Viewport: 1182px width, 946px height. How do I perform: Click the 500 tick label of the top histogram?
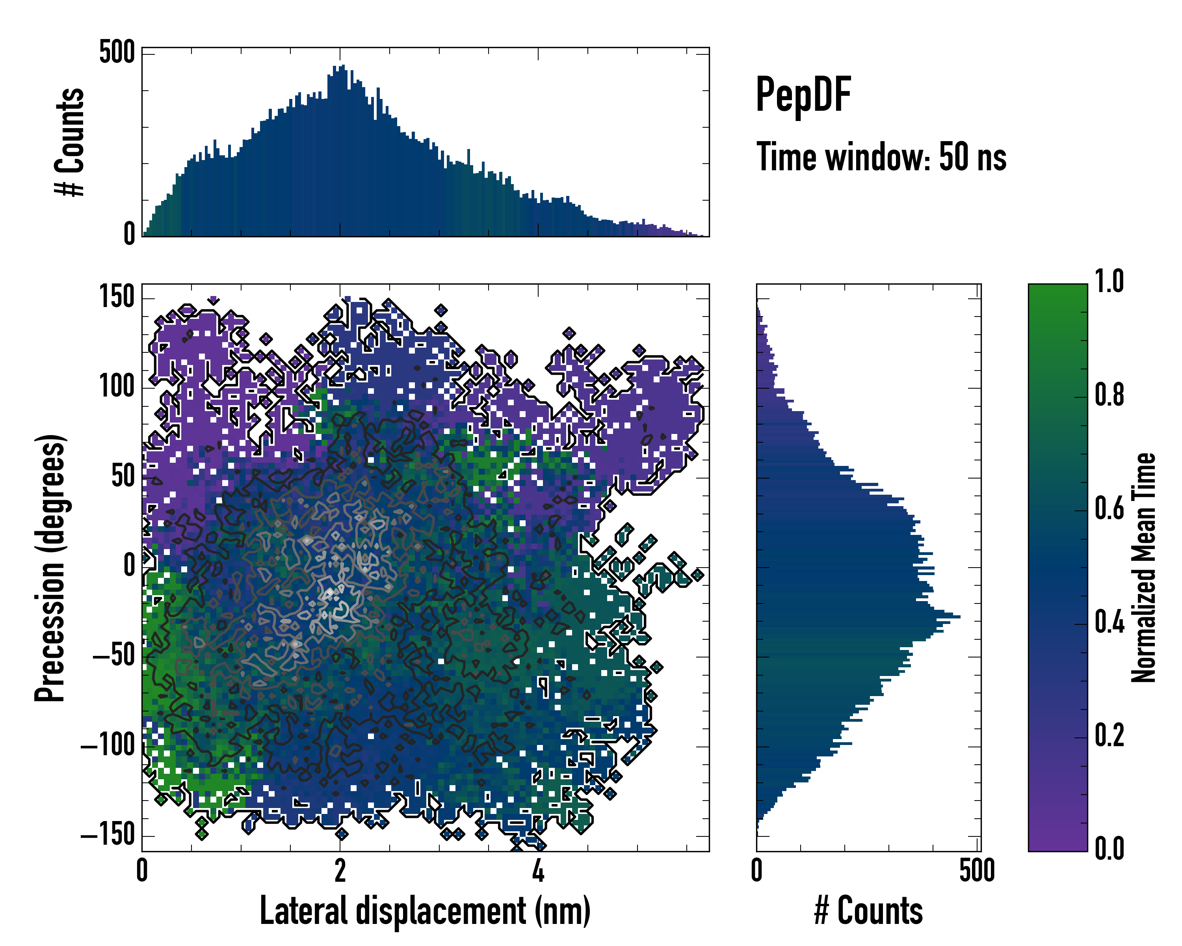[x=117, y=53]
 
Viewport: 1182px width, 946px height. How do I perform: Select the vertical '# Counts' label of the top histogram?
[x=70, y=142]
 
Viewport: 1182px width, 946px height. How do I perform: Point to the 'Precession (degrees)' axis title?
[x=50, y=568]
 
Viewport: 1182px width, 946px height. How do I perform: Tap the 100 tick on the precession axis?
[x=117, y=387]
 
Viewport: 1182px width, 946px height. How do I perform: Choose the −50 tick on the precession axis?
[x=113, y=655]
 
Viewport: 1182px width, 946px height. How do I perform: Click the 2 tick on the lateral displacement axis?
[x=340, y=870]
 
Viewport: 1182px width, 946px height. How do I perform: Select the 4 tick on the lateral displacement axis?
[x=538, y=870]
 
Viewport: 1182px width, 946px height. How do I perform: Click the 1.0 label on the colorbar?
[x=1109, y=281]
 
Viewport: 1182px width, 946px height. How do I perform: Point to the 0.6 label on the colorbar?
[x=1109, y=508]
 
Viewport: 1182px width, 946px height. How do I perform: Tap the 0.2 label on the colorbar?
[x=1109, y=736]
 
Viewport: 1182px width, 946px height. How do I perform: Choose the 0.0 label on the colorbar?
[x=1109, y=848]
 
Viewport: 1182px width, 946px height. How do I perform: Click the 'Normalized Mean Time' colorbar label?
[x=1144, y=568]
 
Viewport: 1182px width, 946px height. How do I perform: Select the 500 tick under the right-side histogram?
[x=977, y=870]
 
